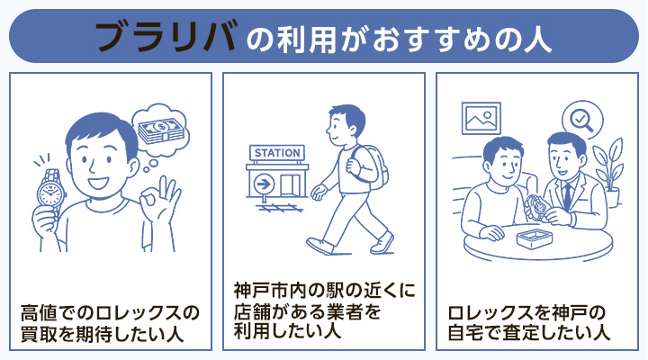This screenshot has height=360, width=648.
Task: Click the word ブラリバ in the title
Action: click(166, 36)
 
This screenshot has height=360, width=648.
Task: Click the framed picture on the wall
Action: click(481, 118)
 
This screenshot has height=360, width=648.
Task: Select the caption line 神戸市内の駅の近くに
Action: click(323, 292)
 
